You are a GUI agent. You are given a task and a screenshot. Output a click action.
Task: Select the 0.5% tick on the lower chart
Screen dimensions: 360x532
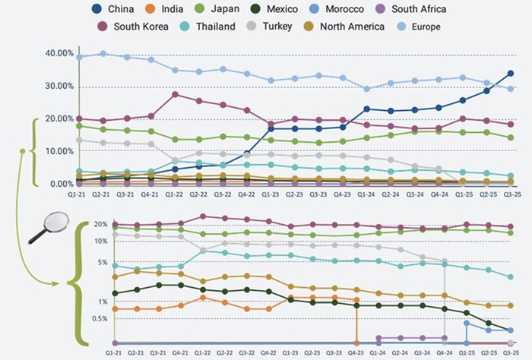tap(100, 318)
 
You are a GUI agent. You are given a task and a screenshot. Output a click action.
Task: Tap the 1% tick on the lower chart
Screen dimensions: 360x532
tap(104, 302)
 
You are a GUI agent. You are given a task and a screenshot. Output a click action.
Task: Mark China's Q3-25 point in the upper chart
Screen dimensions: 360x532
tap(511, 74)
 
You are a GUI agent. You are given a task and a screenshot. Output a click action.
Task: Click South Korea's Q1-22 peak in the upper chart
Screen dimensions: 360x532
tap(176, 95)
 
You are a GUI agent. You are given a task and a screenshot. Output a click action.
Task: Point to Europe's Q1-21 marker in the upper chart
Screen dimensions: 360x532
tap(80, 57)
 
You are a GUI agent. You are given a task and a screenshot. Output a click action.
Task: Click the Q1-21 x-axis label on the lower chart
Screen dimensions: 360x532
tap(114, 354)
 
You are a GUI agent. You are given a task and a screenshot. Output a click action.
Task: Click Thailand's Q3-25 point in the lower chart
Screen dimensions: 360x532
tap(511, 277)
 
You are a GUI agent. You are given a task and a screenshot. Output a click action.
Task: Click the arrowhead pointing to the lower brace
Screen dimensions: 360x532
tap(59, 284)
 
